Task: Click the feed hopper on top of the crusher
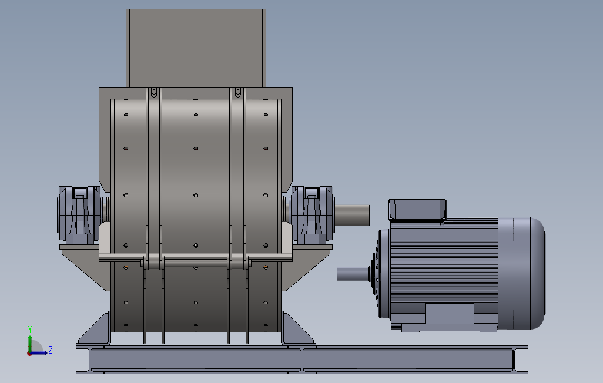196,48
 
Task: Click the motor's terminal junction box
417,209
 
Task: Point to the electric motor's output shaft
353,274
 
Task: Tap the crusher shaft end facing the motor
352,215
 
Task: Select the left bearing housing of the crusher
79,216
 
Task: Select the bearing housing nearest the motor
311,216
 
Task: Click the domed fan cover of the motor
521,273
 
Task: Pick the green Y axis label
29,330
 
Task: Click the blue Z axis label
50,350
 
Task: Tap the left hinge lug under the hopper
154,92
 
